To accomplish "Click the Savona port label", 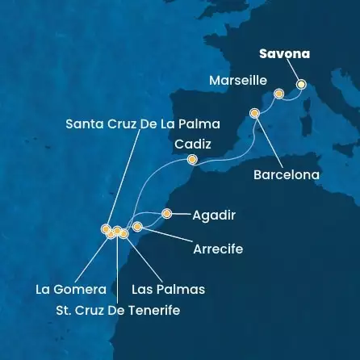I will coord(284,56).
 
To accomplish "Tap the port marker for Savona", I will coord(301,83).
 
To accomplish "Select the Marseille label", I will coord(237,81).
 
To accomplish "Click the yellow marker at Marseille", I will coord(278,94).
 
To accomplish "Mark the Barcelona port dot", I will coord(255,113).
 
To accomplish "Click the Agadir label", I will coord(213,215).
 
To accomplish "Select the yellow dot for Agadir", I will coord(166,214).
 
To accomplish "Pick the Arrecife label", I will coord(218,249).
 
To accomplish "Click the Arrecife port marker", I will coord(137,227).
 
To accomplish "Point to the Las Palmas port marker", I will coord(123,233).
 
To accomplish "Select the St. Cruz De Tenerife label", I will coord(117,310).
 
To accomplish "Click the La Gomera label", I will coord(71,289).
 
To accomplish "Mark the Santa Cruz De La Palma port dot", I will coord(105,229).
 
